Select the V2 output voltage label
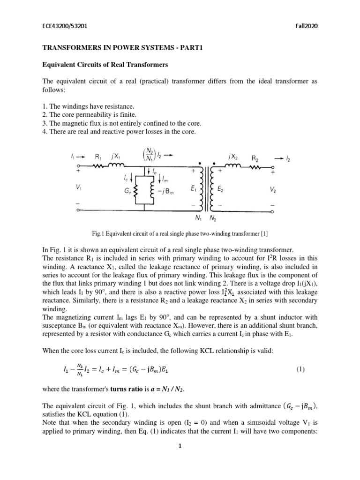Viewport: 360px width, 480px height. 273,190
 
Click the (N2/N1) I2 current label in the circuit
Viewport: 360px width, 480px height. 155,153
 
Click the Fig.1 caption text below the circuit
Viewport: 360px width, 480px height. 180,233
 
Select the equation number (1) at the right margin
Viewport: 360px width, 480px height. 301,369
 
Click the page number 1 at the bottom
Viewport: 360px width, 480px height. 179,459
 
